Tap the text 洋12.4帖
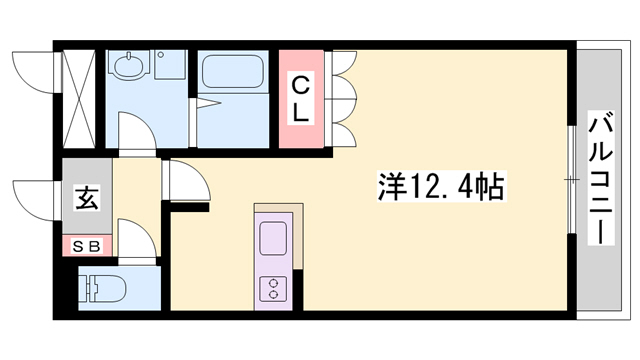click(x=441, y=186)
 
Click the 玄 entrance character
click(x=87, y=198)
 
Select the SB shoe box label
click(x=85, y=245)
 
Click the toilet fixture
click(x=103, y=288)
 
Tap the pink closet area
click(x=304, y=100)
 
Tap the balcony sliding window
click(x=572, y=180)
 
